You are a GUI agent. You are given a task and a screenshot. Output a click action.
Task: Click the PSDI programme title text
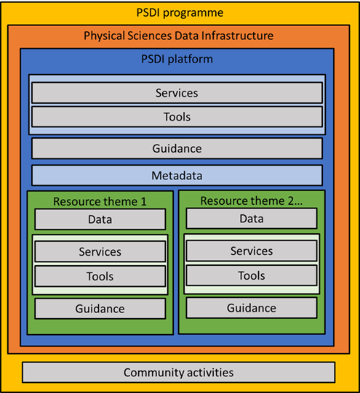[x=179, y=13]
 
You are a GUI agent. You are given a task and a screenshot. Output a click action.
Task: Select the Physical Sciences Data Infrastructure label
[x=179, y=35]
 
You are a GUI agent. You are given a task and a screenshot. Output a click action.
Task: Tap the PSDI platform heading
[x=176, y=57]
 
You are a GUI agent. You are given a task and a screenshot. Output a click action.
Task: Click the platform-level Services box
[x=177, y=93]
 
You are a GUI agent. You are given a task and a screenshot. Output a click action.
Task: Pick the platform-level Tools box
[x=177, y=116]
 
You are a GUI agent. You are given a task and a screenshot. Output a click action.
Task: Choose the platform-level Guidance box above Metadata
[x=177, y=148]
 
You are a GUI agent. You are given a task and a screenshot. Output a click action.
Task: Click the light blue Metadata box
[x=177, y=176]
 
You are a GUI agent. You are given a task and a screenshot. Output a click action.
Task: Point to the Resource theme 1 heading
[x=100, y=200]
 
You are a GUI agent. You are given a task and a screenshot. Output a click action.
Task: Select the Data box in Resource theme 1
[x=100, y=219]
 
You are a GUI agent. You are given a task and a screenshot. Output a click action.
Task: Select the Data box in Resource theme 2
[x=252, y=219]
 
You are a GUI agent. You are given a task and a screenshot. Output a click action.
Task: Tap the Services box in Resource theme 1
[x=100, y=251]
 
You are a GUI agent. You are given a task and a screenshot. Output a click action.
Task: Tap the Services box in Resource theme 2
[x=252, y=251]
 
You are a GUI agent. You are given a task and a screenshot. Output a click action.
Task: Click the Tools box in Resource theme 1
[x=100, y=276]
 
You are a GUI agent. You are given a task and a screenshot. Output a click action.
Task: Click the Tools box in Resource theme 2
[x=252, y=275]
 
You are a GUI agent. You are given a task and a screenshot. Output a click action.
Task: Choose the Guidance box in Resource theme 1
[x=100, y=309]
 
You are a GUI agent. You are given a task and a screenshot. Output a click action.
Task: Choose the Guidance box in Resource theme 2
[x=252, y=308]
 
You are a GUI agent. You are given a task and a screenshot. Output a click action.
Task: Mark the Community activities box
[x=179, y=373]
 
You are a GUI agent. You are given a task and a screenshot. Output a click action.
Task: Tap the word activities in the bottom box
[x=208, y=373]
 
